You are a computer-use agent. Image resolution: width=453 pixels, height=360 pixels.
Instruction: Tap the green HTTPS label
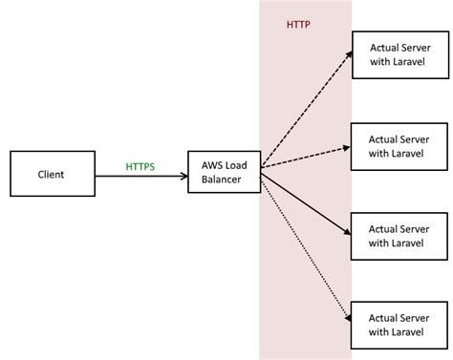(x=140, y=166)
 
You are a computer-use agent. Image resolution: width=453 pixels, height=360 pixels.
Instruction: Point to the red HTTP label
(x=298, y=24)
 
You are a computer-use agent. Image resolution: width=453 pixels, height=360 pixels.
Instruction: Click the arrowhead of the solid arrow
(x=345, y=229)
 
